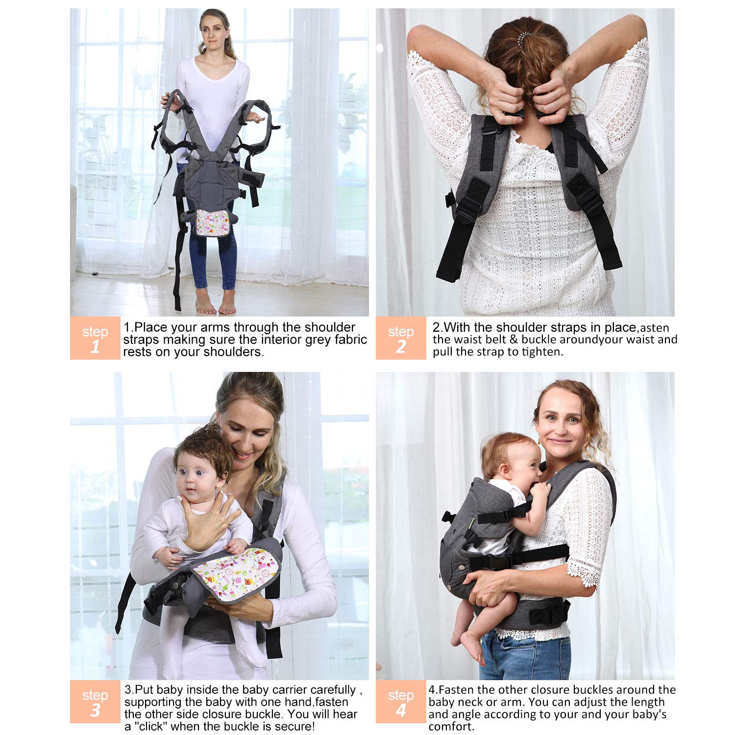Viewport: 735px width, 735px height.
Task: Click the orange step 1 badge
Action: click(95, 338)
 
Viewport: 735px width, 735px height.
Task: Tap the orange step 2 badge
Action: click(401, 338)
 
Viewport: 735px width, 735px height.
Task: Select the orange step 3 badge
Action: click(95, 702)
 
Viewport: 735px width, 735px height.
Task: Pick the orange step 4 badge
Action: click(401, 702)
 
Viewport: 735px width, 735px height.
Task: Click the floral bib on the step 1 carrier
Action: click(213, 222)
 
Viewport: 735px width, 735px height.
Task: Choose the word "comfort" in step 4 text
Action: click(450, 727)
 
